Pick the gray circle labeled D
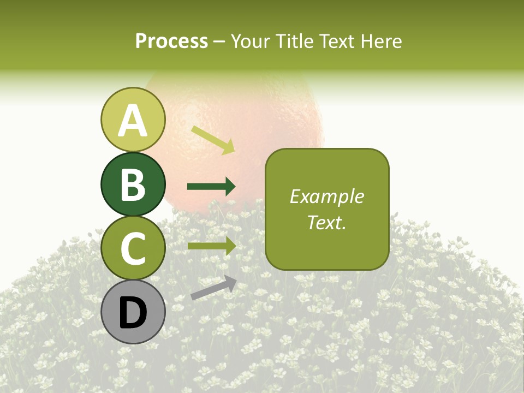click(133, 312)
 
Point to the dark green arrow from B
click(211, 187)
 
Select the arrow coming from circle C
click(211, 246)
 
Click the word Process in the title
click(171, 41)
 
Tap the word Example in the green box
click(326, 196)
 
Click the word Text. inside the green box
click(326, 222)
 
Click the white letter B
click(133, 184)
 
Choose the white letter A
click(133, 120)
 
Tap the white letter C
click(133, 248)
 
